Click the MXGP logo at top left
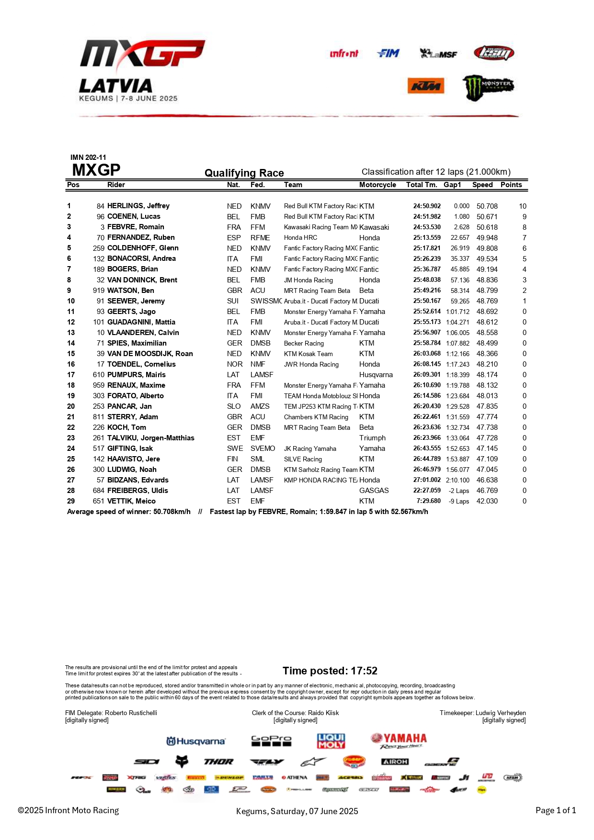(x=142, y=54)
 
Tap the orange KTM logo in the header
(x=425, y=86)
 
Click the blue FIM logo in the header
(x=388, y=53)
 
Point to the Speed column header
(x=482, y=185)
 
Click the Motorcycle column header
(x=377, y=185)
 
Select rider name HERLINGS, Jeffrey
(x=138, y=206)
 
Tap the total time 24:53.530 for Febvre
(x=426, y=227)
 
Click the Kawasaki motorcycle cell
(x=374, y=227)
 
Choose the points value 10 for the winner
(x=522, y=206)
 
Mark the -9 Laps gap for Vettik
(x=458, y=501)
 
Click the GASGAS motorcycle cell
(x=374, y=491)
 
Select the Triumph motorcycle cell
(x=372, y=438)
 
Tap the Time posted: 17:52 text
(x=330, y=671)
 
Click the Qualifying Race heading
(x=244, y=173)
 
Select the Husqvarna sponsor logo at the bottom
(x=195, y=741)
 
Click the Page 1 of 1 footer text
(x=555, y=810)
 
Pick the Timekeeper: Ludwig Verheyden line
(x=482, y=713)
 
